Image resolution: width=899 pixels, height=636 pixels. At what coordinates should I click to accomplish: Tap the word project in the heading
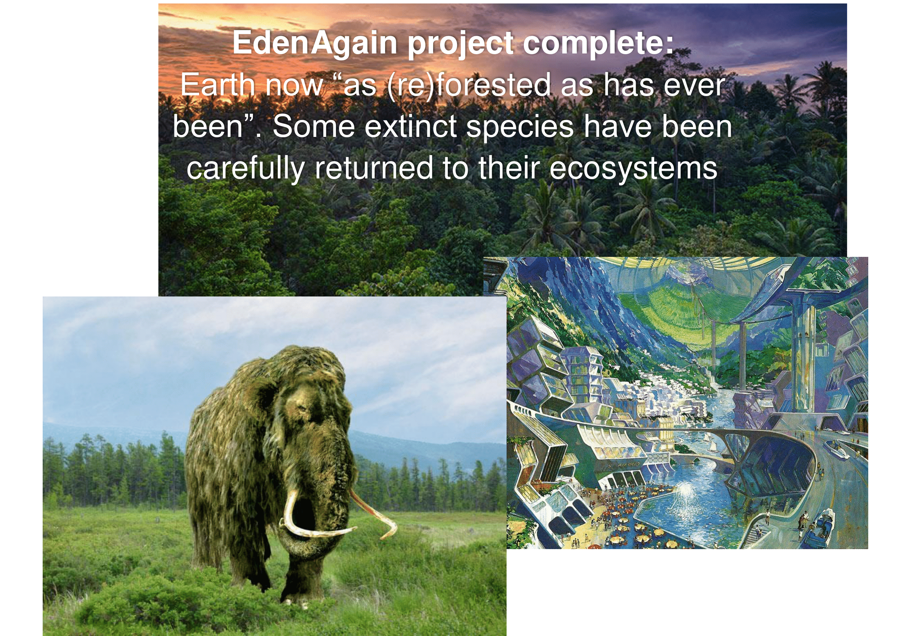(461, 44)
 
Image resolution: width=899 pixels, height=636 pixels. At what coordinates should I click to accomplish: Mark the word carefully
(246, 169)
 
